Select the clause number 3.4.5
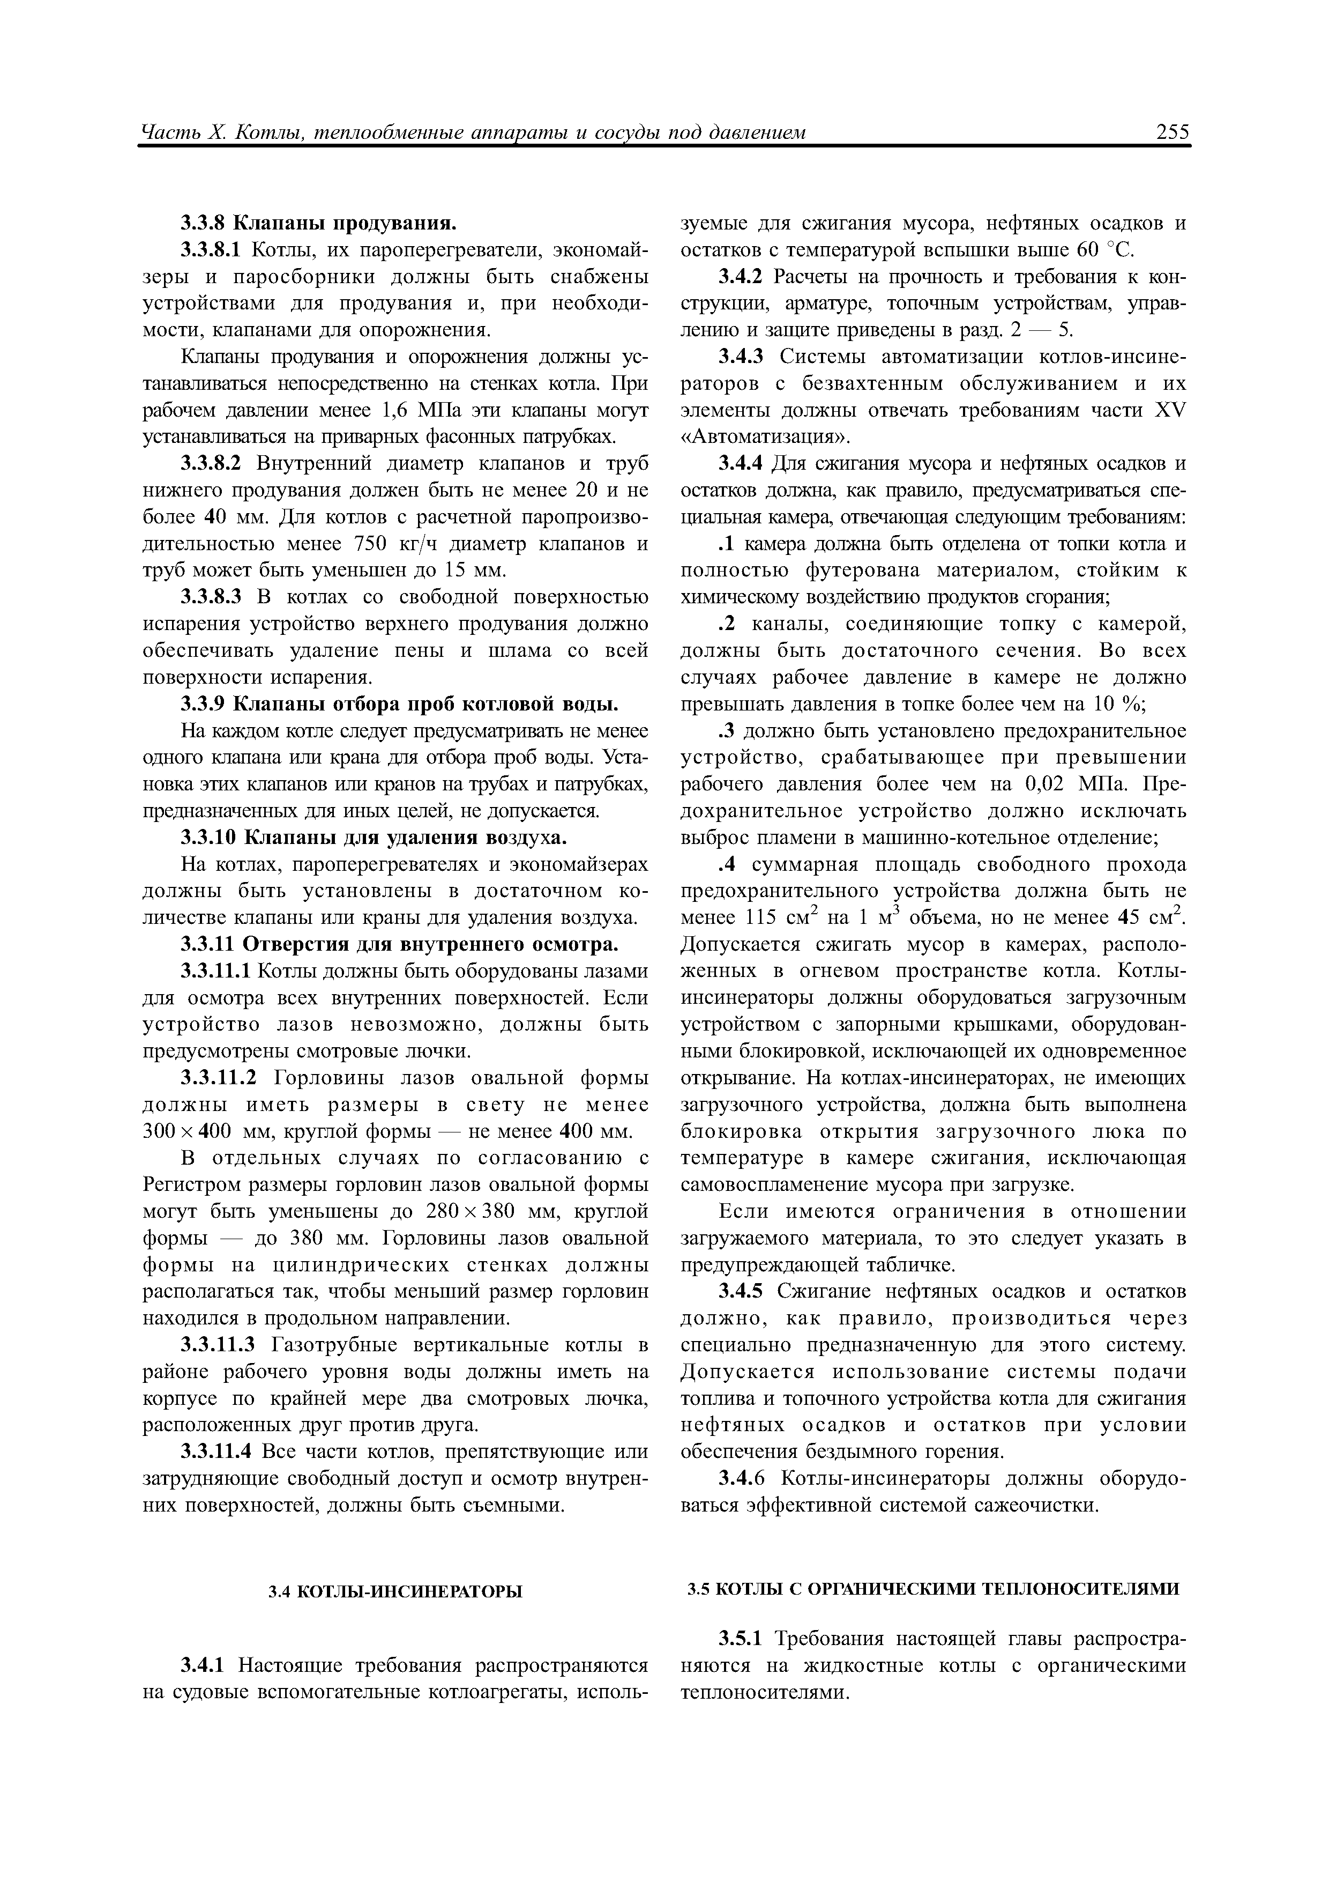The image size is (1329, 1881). (740, 1292)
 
